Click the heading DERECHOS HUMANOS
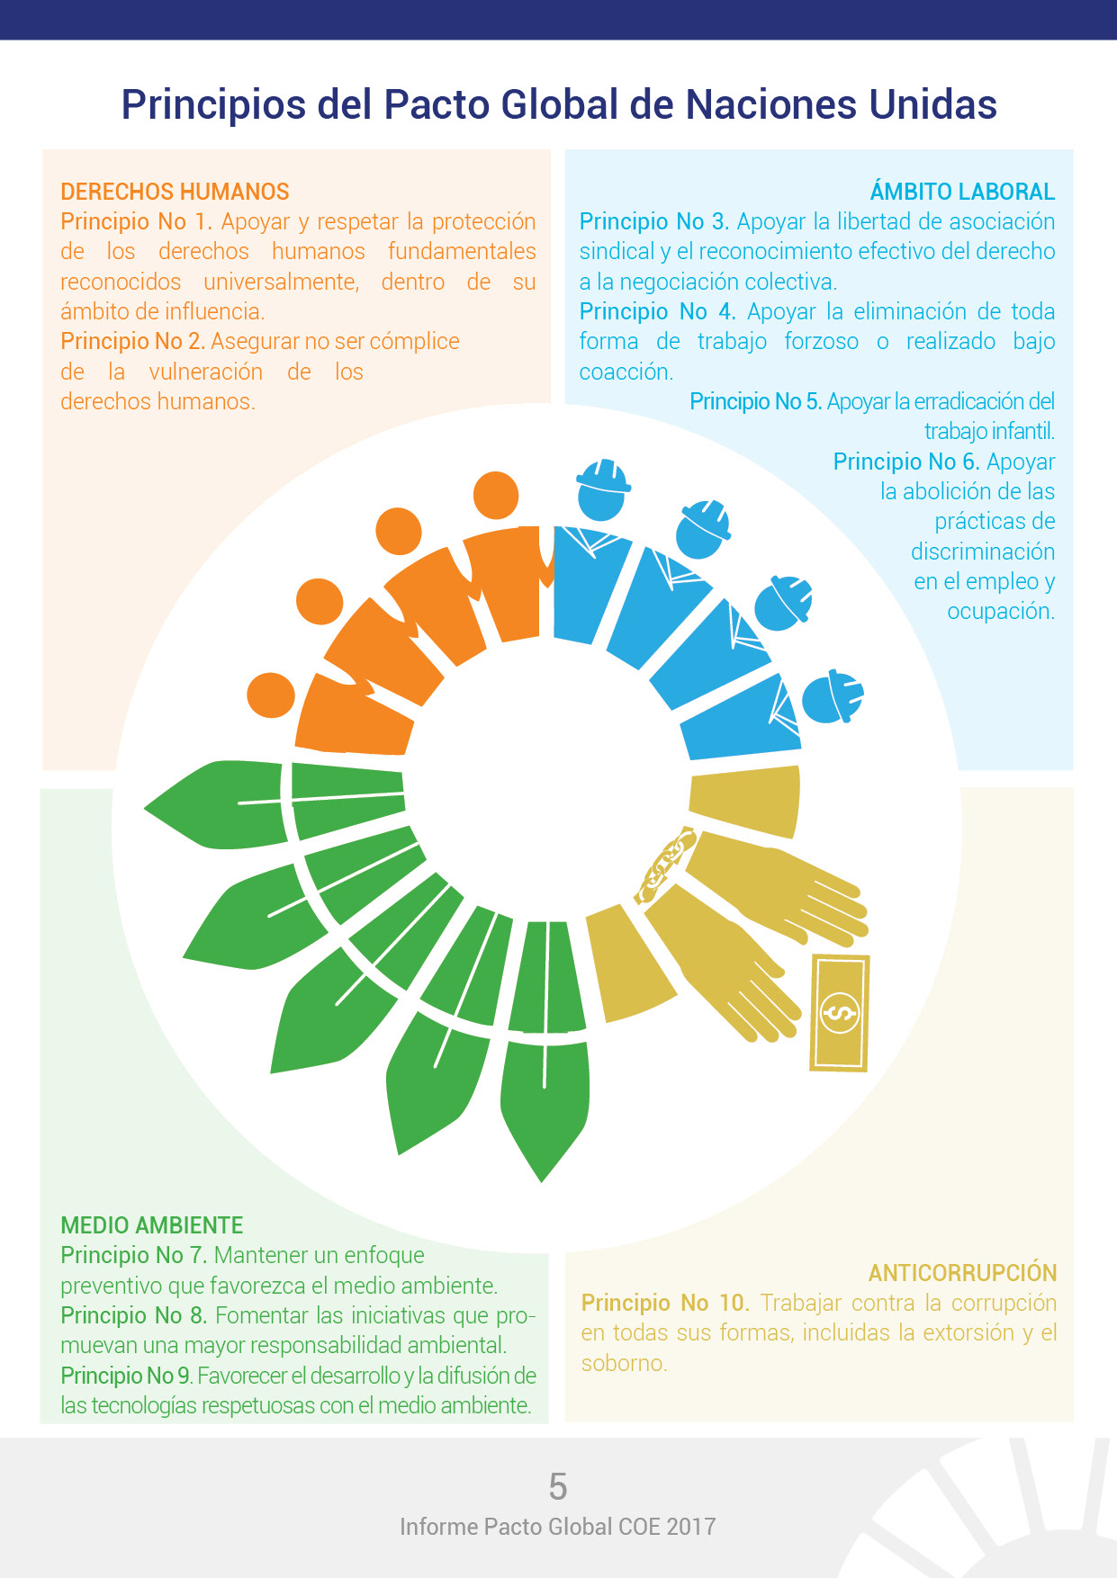pyautogui.click(x=175, y=192)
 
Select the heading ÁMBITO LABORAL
pyautogui.click(x=962, y=192)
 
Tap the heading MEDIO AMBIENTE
pyautogui.click(x=151, y=1225)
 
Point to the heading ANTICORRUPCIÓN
pyautogui.click(x=962, y=1273)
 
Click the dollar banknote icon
pyautogui.click(x=840, y=1013)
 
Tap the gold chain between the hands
pyautogui.click(x=665, y=865)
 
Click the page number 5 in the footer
pyautogui.click(x=558, y=1487)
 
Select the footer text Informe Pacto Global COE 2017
pyautogui.click(x=558, y=1527)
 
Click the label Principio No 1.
pyautogui.click(x=136, y=222)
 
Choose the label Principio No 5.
pyautogui.click(x=755, y=402)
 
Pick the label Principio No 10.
pyautogui.click(x=664, y=1303)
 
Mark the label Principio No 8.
pyautogui.click(x=133, y=1315)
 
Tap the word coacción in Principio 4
pyautogui.click(x=626, y=372)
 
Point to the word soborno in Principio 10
pyautogui.click(x=623, y=1364)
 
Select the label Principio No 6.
pyautogui.click(x=905, y=462)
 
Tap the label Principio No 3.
pyautogui.click(x=654, y=222)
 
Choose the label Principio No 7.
pyautogui.click(x=133, y=1255)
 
